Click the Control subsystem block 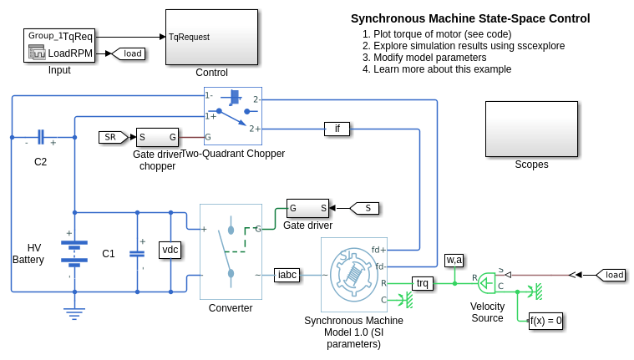click(210, 37)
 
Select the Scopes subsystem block click(531, 129)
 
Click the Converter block click(231, 251)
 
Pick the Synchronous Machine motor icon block click(353, 274)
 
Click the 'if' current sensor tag click(337, 129)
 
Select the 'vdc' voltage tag click(170, 249)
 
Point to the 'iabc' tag click(287, 274)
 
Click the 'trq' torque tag click(423, 283)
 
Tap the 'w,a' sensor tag click(454, 260)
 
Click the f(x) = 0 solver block click(546, 320)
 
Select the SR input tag click(110, 137)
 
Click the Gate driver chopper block click(157, 137)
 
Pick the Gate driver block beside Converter click(307, 207)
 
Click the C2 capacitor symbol click(40, 137)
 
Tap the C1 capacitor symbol click(137, 253)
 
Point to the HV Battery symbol click(74, 251)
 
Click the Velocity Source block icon click(487, 284)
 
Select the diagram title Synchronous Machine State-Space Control click(470, 18)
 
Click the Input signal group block click(59, 45)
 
